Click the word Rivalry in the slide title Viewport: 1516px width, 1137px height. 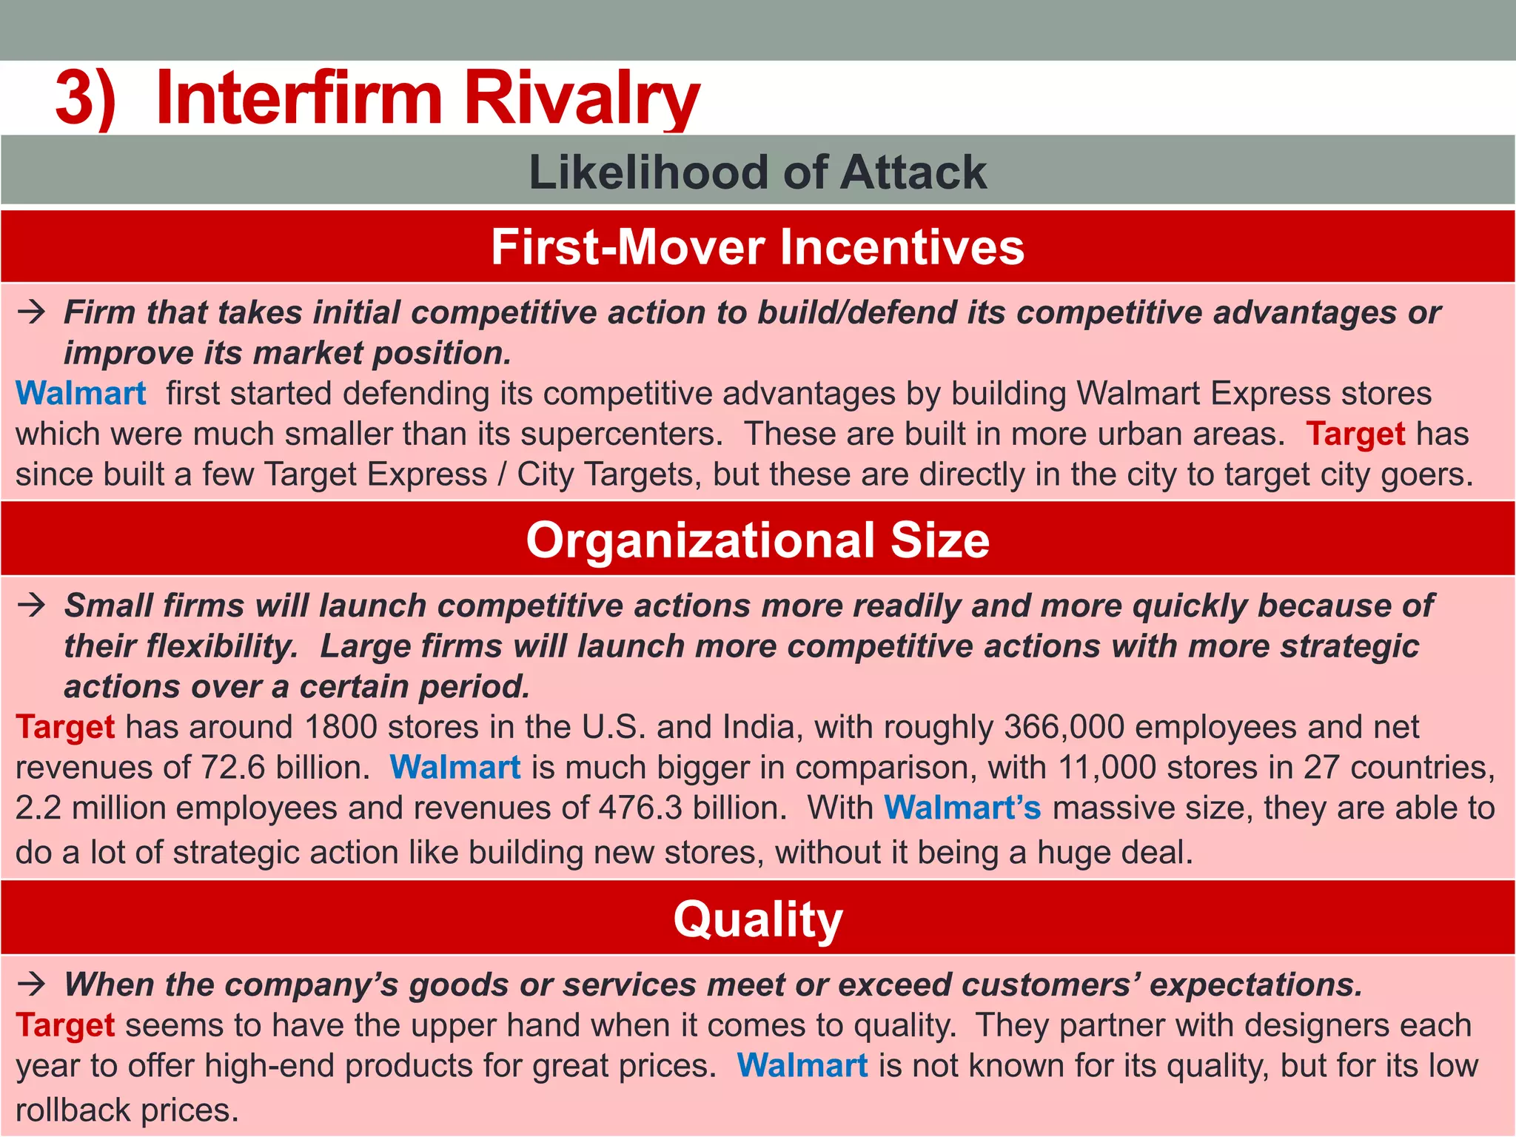click(581, 98)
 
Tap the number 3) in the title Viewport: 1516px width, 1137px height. click(85, 98)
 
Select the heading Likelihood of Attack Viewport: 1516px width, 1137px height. click(757, 172)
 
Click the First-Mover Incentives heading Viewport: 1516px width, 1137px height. click(757, 246)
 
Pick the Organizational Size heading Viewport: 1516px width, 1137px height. click(757, 540)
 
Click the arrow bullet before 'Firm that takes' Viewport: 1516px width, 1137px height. click(32, 312)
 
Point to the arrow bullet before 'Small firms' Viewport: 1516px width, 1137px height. click(32, 606)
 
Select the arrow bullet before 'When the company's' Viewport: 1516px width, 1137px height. click(32, 985)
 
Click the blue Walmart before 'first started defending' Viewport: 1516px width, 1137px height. click(81, 393)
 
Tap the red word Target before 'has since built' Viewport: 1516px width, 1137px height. click(1355, 434)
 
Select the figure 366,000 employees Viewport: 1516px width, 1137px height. click(1064, 727)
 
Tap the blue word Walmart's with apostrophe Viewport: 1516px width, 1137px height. click(962, 808)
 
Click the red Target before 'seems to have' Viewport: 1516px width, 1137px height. click(65, 1025)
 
